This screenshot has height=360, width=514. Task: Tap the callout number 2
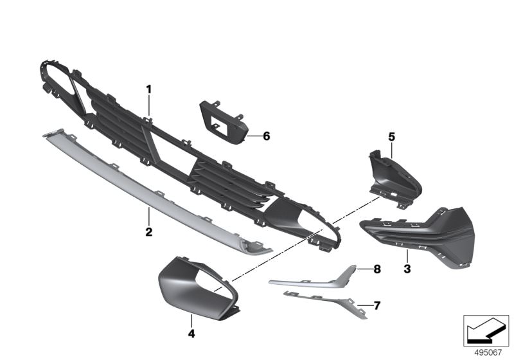pos(149,232)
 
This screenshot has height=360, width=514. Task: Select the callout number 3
pos(407,269)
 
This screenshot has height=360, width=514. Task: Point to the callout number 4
pos(191,334)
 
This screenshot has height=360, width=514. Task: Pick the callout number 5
pos(392,137)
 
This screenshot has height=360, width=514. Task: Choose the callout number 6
pos(267,136)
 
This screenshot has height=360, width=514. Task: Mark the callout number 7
pos(377,306)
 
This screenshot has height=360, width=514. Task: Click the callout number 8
pos(377,269)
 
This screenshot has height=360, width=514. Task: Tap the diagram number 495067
pos(488,353)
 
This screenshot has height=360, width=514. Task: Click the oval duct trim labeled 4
pos(199,287)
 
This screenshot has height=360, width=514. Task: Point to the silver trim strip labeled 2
pos(157,192)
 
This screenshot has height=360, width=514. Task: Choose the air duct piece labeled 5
pos(395,179)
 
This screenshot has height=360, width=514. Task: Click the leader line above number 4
pos(191,320)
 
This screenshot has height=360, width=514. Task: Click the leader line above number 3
pos(407,256)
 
